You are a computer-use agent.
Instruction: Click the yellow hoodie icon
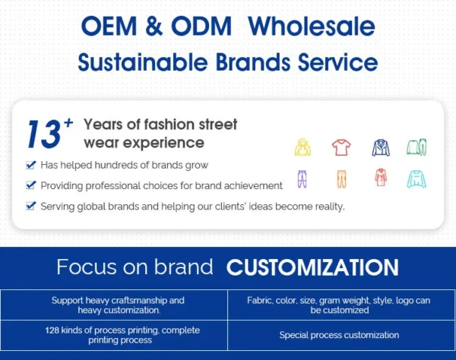[302, 147]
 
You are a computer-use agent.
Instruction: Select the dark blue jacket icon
[380, 147]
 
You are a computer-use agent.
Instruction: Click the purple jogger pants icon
[302, 178]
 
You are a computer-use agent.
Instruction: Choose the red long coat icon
[380, 178]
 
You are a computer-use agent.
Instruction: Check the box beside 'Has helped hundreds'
[30, 164]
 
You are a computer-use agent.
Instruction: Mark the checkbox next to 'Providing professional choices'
[30, 185]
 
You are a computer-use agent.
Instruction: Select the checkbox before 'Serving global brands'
[30, 205]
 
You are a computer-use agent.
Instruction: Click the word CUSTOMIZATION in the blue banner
[312, 267]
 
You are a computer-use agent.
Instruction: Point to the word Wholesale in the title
[312, 27]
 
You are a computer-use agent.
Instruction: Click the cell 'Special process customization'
[339, 335]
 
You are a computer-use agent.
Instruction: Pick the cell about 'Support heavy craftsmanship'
[118, 305]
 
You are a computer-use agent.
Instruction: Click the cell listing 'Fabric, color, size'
[339, 305]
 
